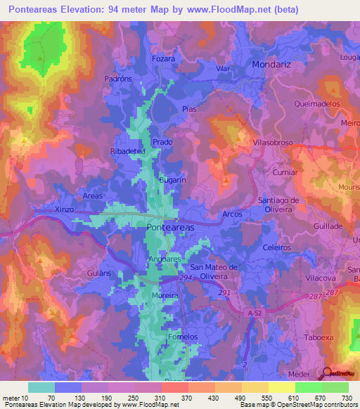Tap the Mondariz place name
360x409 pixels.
tap(274, 64)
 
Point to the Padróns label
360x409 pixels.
tap(118, 79)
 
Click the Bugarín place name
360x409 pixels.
tap(172, 180)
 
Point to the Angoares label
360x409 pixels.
tap(165, 259)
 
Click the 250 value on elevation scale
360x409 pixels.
tap(146, 398)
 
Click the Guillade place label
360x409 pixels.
tap(328, 226)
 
